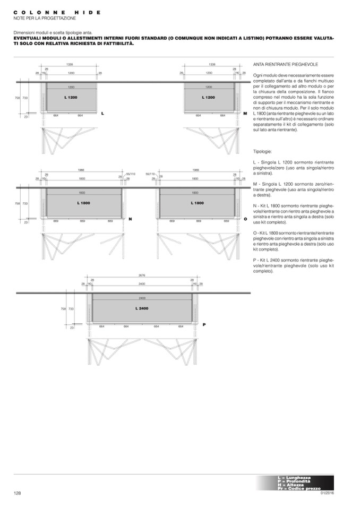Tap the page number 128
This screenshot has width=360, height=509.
click(18, 493)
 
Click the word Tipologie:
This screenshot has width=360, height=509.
click(263, 151)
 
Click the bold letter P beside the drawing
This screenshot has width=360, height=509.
click(204, 324)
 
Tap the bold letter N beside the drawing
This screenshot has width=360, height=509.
click(130, 219)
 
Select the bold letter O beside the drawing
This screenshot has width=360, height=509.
click(245, 219)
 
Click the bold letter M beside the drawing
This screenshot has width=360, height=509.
click(245, 114)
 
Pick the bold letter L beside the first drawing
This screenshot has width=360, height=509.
click(102, 114)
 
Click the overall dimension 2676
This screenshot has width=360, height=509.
click(142, 276)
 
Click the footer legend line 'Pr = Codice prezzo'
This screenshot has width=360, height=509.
click(299, 488)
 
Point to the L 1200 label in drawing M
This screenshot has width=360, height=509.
click(209, 98)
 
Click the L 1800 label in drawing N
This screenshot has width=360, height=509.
click(83, 203)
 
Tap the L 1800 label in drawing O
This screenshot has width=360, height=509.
click(197, 203)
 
